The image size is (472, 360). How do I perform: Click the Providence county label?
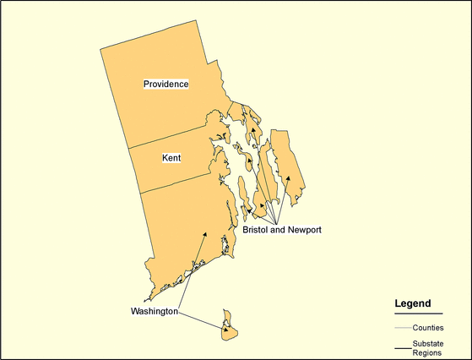(165, 84)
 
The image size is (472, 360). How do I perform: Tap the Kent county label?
(171, 158)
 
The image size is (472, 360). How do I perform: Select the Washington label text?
(154, 311)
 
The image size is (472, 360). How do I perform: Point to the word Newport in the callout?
(304, 230)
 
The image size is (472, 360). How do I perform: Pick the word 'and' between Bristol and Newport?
(279, 230)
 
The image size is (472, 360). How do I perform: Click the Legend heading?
(413, 303)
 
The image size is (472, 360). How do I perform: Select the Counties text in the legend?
(429, 327)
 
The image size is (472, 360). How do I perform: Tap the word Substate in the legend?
(430, 343)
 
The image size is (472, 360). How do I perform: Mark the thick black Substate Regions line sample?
(403, 347)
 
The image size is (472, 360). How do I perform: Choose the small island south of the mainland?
(228, 329)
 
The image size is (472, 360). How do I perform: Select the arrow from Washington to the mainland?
(192, 270)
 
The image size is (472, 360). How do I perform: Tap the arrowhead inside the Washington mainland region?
(204, 234)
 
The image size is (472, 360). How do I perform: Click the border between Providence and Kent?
(169, 135)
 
